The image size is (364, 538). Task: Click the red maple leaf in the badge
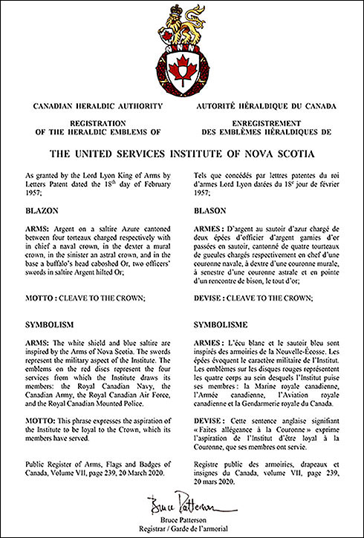[x=181, y=71]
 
